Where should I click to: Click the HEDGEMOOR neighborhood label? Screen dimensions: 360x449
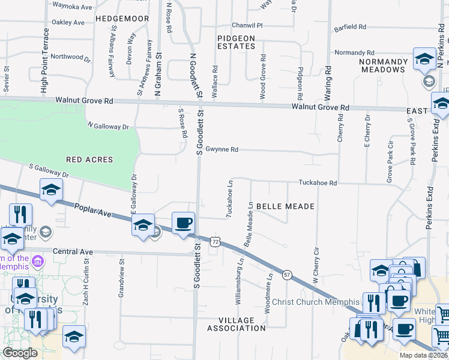122,19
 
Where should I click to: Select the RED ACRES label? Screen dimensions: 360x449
89,160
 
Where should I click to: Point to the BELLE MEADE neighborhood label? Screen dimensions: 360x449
285,206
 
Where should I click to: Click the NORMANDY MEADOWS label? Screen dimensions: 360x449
384,65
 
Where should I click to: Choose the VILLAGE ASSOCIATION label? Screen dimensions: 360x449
236,324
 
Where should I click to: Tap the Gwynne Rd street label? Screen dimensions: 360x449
221,149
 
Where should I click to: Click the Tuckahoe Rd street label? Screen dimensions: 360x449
318,182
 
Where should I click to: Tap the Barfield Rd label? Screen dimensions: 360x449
350,27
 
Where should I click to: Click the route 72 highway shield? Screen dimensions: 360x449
214,241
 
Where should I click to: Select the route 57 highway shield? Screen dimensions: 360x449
288,275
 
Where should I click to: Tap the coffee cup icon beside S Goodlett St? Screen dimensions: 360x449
184,223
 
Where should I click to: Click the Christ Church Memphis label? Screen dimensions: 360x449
315,301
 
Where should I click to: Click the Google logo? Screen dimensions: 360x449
20,353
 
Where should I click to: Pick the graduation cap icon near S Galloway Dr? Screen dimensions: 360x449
52,191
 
